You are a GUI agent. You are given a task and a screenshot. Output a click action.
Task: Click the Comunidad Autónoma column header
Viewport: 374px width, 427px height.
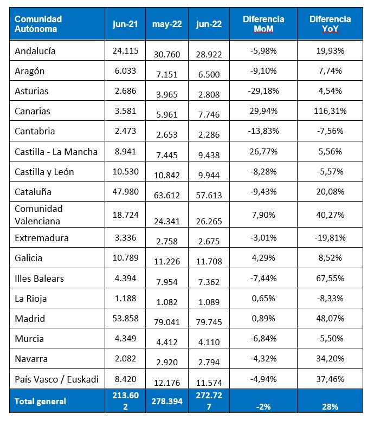click(x=38, y=24)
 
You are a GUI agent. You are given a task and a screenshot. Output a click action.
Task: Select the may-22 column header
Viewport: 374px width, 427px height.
click(x=166, y=24)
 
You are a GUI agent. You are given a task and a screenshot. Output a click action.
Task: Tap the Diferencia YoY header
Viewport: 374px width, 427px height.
click(x=330, y=24)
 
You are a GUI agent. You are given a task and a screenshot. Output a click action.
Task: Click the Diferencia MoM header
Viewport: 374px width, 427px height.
click(x=263, y=24)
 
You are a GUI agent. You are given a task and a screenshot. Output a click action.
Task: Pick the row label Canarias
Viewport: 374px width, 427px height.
click(x=33, y=111)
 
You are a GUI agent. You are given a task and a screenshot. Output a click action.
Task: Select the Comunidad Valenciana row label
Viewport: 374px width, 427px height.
click(x=39, y=215)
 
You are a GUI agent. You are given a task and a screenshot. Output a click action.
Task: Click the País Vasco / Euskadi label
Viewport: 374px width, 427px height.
click(x=57, y=379)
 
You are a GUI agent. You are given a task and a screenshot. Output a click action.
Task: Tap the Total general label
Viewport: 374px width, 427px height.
click(x=41, y=401)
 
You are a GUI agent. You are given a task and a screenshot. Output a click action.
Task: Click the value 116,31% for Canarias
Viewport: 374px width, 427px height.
click(x=330, y=111)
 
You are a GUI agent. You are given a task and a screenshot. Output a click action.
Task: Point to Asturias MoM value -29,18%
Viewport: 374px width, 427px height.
click(x=263, y=91)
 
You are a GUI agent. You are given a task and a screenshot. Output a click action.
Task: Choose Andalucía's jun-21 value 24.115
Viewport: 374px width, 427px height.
click(x=126, y=51)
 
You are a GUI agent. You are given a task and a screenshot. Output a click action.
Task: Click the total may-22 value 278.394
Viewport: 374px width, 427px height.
click(x=166, y=402)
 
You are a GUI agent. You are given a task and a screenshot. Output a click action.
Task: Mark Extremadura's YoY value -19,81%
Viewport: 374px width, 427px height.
click(x=330, y=238)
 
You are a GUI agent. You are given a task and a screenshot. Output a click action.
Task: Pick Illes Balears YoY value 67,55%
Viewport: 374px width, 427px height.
click(x=330, y=279)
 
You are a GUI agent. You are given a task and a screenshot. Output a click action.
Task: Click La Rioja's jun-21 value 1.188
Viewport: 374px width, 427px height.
click(x=126, y=299)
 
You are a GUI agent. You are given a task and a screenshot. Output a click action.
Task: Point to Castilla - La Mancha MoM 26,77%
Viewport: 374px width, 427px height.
click(x=263, y=152)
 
